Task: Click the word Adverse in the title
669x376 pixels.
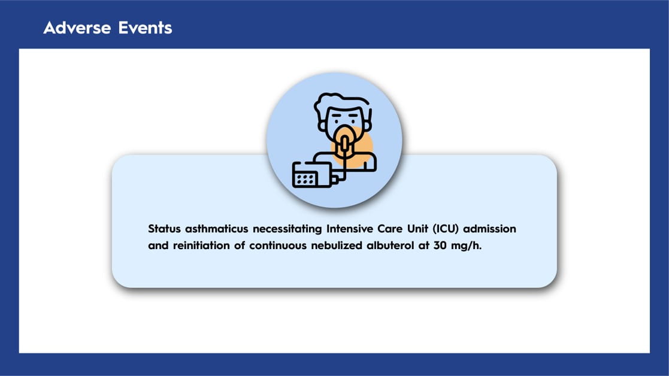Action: (77, 28)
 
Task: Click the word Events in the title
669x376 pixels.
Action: (145, 28)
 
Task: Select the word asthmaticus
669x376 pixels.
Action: (216, 229)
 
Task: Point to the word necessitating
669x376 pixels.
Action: (287, 229)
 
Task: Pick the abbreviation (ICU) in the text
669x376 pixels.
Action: (446, 229)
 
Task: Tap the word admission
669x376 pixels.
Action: (490, 229)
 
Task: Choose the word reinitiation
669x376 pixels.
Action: (201, 245)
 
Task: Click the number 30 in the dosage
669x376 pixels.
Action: (440, 245)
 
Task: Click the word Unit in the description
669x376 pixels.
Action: (417, 229)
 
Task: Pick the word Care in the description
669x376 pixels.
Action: (390, 229)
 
